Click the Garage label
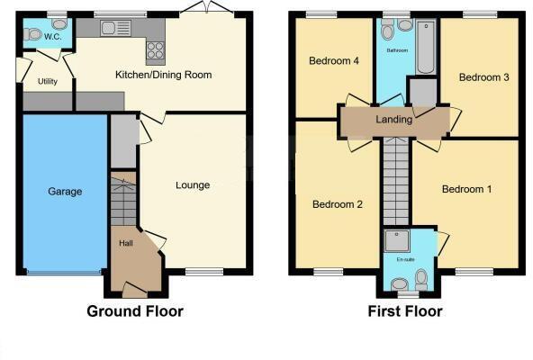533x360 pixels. pos(65,192)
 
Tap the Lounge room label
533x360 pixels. pos(193,185)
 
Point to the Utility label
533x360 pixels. pos(48,81)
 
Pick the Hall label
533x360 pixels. pos(126,243)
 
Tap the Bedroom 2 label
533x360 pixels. pos(338,204)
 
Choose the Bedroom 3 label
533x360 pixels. pos(483,77)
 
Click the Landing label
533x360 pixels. pos(394,120)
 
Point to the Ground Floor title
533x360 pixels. pos(134,311)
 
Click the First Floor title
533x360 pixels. pos(404,311)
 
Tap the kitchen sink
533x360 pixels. pos(115,28)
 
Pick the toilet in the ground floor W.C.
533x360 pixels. pos(34,34)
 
